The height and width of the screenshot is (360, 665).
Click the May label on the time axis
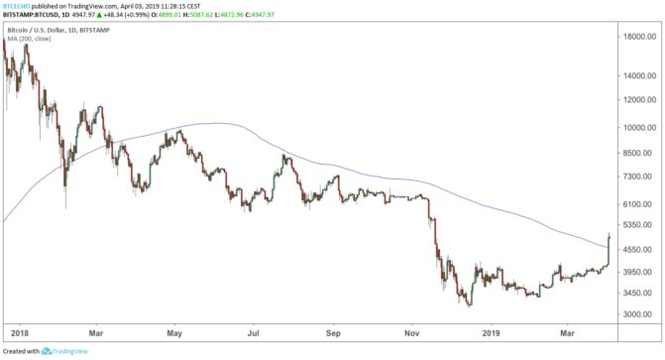174,334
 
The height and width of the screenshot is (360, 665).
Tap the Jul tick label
253,334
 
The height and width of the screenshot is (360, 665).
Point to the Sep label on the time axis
333,334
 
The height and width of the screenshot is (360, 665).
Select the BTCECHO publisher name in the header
16,5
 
